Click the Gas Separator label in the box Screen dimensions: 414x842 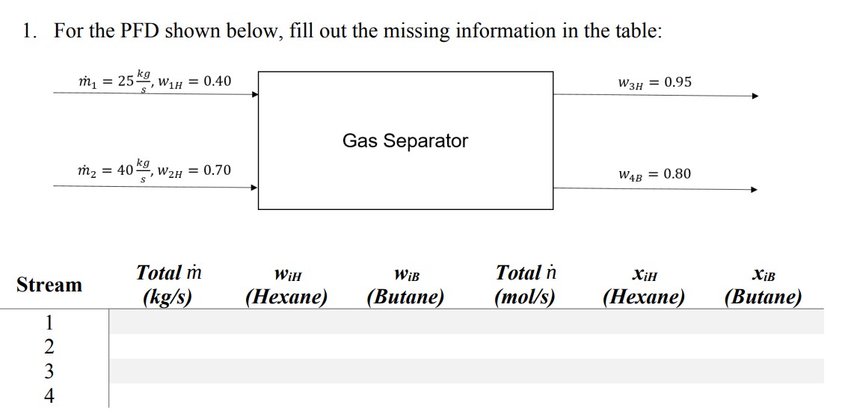click(x=405, y=140)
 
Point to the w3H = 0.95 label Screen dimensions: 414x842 click(x=654, y=81)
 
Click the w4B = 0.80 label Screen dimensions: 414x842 click(x=654, y=174)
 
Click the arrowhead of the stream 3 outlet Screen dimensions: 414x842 click(x=755, y=96)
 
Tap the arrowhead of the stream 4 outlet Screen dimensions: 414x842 click(x=755, y=189)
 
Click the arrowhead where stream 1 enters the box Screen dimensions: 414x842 click(x=254, y=95)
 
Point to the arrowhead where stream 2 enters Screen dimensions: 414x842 click(x=254, y=188)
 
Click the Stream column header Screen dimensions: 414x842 click(x=49, y=285)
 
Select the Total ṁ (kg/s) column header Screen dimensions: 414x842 click(x=168, y=285)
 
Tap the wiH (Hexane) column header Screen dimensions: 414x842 click(x=286, y=286)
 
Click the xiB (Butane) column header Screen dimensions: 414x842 click(x=763, y=286)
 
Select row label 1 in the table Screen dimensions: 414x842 click(x=49, y=322)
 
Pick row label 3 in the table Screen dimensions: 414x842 click(x=49, y=371)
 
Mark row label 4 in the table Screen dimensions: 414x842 click(x=49, y=395)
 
